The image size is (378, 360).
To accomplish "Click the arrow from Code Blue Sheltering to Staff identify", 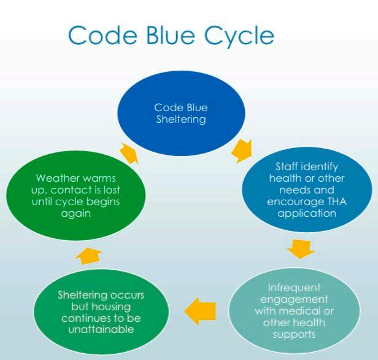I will tap(241, 149).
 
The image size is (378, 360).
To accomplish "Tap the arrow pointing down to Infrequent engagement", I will tap(300, 248).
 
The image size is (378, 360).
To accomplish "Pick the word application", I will tap(307, 214).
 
